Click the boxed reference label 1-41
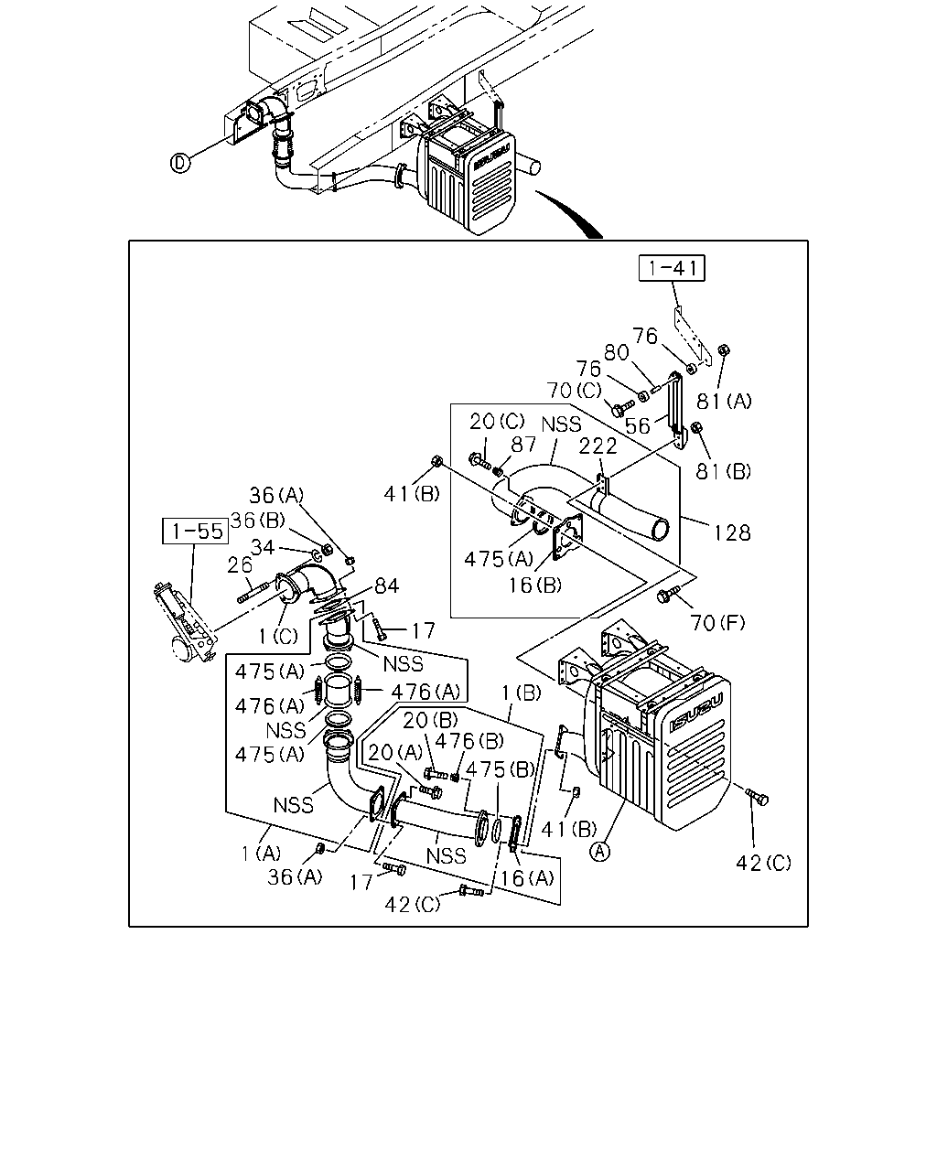click(x=672, y=268)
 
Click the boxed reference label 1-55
click(x=196, y=532)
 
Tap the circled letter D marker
click(x=180, y=163)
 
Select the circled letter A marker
click(x=600, y=852)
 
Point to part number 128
click(x=732, y=532)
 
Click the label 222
click(x=598, y=446)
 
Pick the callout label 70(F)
click(x=717, y=622)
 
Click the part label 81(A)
click(x=724, y=402)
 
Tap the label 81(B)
click(x=724, y=471)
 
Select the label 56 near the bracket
click(x=637, y=426)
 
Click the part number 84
click(x=386, y=586)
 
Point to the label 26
click(x=240, y=565)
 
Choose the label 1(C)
click(x=278, y=636)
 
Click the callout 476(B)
click(x=468, y=741)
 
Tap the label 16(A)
click(x=527, y=877)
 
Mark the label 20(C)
click(x=497, y=421)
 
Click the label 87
click(x=523, y=445)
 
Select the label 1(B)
click(x=521, y=693)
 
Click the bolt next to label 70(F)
click(x=668, y=594)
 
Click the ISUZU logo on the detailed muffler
click(x=696, y=711)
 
